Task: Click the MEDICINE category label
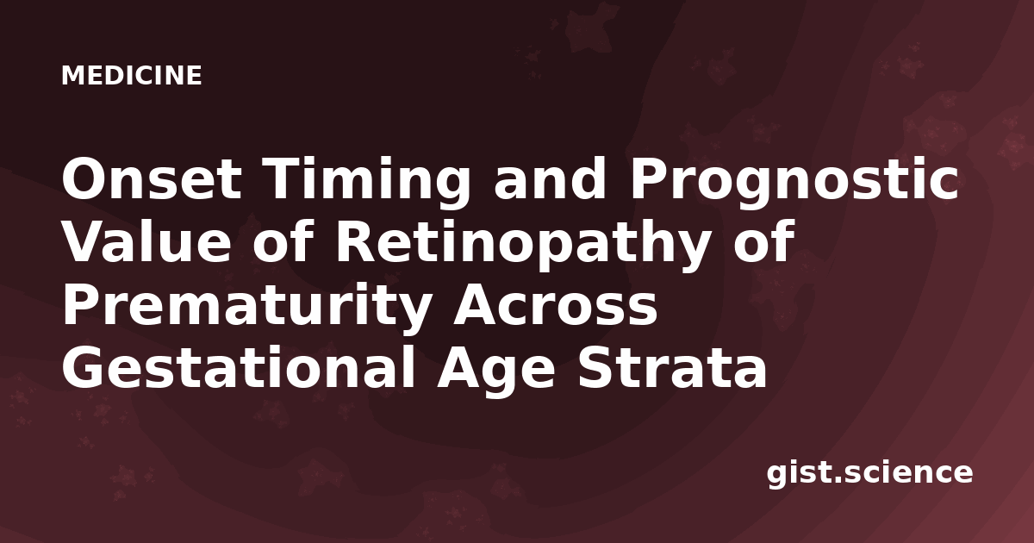coord(132,75)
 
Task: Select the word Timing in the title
coord(367,184)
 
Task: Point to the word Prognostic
coord(794,184)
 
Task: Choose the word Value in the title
coord(146,240)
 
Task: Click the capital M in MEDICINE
coord(73,75)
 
